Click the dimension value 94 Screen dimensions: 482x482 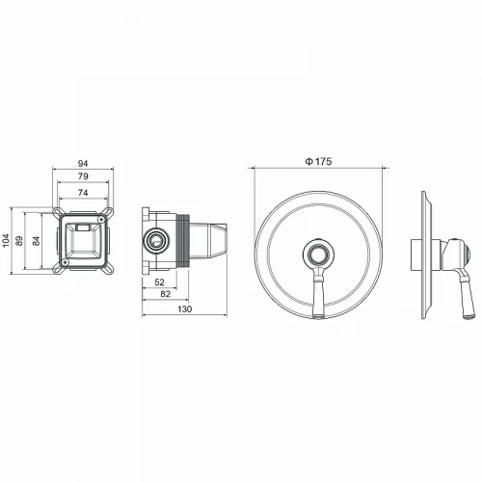pyautogui.click(x=85, y=165)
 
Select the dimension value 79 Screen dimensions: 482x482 pyautogui.click(x=85, y=177)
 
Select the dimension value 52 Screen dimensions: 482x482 pyautogui.click(x=159, y=281)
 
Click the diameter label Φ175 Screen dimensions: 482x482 pyautogui.click(x=318, y=161)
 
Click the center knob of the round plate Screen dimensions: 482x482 pyautogui.click(x=317, y=254)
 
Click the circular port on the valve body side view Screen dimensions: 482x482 pyautogui.click(x=154, y=239)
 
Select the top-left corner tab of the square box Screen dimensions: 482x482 pyautogui.click(x=58, y=214)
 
